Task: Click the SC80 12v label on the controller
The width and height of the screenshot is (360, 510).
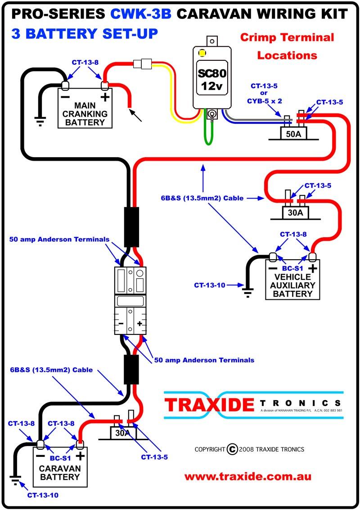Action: click(x=212, y=79)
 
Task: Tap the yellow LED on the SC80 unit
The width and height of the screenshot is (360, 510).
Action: click(x=202, y=53)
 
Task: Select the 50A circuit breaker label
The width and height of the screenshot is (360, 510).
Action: click(x=294, y=134)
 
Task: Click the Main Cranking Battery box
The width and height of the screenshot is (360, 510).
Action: click(x=85, y=108)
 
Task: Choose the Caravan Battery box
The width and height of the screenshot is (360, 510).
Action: click(x=60, y=467)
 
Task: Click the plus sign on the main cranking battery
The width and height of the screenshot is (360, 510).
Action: click(x=105, y=97)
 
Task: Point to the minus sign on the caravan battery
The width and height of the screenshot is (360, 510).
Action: click(x=40, y=456)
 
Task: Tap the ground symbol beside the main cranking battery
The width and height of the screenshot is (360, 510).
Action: click(x=40, y=122)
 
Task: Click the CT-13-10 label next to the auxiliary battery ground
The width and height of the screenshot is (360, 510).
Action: click(x=209, y=285)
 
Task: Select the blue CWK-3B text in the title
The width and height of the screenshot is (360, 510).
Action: click(x=140, y=14)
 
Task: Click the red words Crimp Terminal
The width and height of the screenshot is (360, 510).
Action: click(x=287, y=37)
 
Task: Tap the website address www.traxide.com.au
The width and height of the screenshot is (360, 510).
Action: click(x=248, y=477)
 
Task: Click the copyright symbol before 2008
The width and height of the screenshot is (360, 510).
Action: click(x=232, y=449)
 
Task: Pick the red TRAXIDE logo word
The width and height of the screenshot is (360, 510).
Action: click(x=209, y=405)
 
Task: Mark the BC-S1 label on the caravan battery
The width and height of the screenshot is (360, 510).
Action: click(x=60, y=458)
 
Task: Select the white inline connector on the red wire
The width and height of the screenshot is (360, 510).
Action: click(x=143, y=63)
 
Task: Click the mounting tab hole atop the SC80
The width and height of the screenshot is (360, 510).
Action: click(x=212, y=41)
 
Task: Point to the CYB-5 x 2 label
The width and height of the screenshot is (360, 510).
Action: click(x=265, y=101)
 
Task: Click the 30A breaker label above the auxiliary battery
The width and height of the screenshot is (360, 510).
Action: click(x=295, y=213)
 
